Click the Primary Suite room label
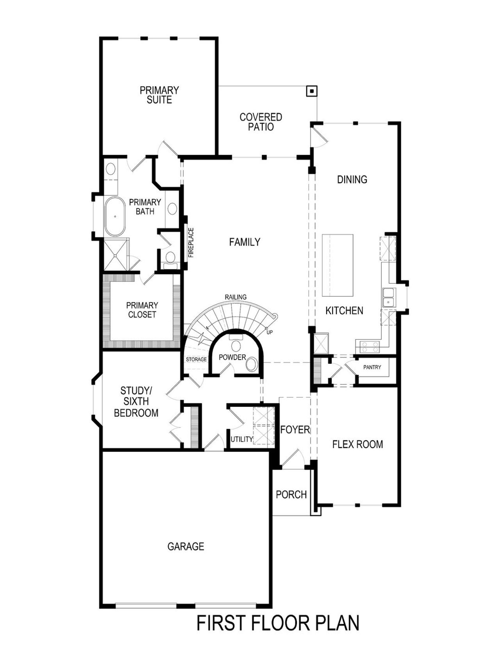pos(159,95)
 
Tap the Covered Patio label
pos(261,122)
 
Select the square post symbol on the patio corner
pos(311,91)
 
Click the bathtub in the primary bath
pos(114,216)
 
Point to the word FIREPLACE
pos(191,242)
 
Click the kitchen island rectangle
pos(337,265)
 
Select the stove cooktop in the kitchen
pos(369,345)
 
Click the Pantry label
pos(372,367)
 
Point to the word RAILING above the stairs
pos(236,297)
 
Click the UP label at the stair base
pos(270,332)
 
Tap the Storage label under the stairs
pos(196,359)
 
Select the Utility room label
pos(241,439)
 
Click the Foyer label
pos(295,430)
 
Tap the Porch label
pos(291,495)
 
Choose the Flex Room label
pos(357,444)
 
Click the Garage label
pos(186,546)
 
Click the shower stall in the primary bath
pos(116,255)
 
